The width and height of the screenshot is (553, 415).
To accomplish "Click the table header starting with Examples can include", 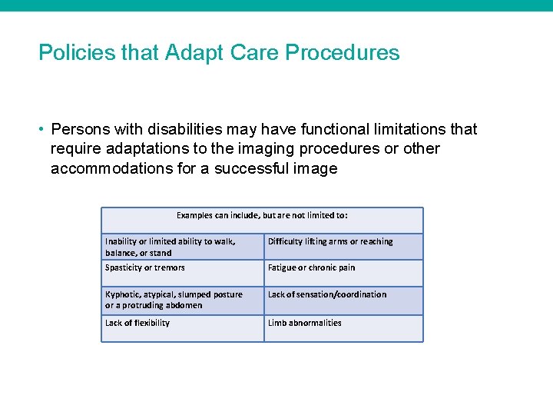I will [262, 216].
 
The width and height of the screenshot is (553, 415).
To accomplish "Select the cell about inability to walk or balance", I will [182, 247].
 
